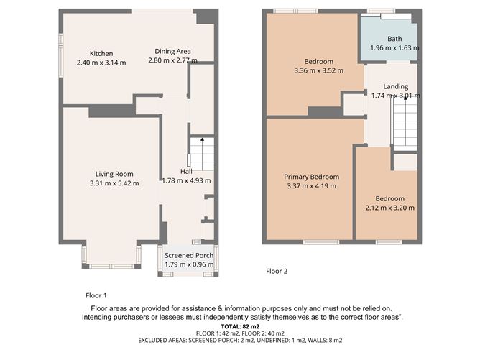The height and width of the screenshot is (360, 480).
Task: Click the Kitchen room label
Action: (101, 53)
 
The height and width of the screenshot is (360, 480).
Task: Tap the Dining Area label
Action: (173, 51)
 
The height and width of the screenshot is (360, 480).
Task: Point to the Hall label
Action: (186, 171)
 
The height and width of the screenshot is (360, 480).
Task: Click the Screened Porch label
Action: (188, 255)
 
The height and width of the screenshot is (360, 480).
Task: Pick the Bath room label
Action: (394, 39)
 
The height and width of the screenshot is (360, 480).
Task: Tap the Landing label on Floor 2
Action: (395, 86)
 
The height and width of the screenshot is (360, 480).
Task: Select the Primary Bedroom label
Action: (311, 177)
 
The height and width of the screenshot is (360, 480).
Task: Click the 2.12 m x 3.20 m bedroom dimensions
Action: (389, 208)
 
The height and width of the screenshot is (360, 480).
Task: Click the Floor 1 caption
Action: (96, 295)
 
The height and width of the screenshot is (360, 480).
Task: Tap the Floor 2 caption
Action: (277, 272)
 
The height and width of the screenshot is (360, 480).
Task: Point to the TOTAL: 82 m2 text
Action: (240, 326)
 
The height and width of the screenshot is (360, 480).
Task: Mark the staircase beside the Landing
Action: (405, 122)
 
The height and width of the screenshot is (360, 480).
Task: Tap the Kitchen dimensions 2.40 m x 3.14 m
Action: (101, 63)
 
